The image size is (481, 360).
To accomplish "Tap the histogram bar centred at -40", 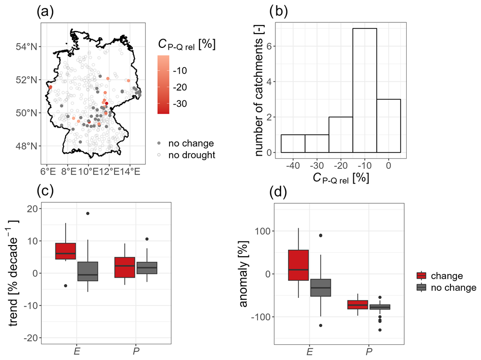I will [293, 143].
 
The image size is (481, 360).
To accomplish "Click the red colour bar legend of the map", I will [163, 84].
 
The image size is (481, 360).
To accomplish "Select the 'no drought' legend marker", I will [160, 155].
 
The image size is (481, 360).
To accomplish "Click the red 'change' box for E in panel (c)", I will [65, 251].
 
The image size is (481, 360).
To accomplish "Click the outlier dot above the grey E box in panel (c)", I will [88, 214].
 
